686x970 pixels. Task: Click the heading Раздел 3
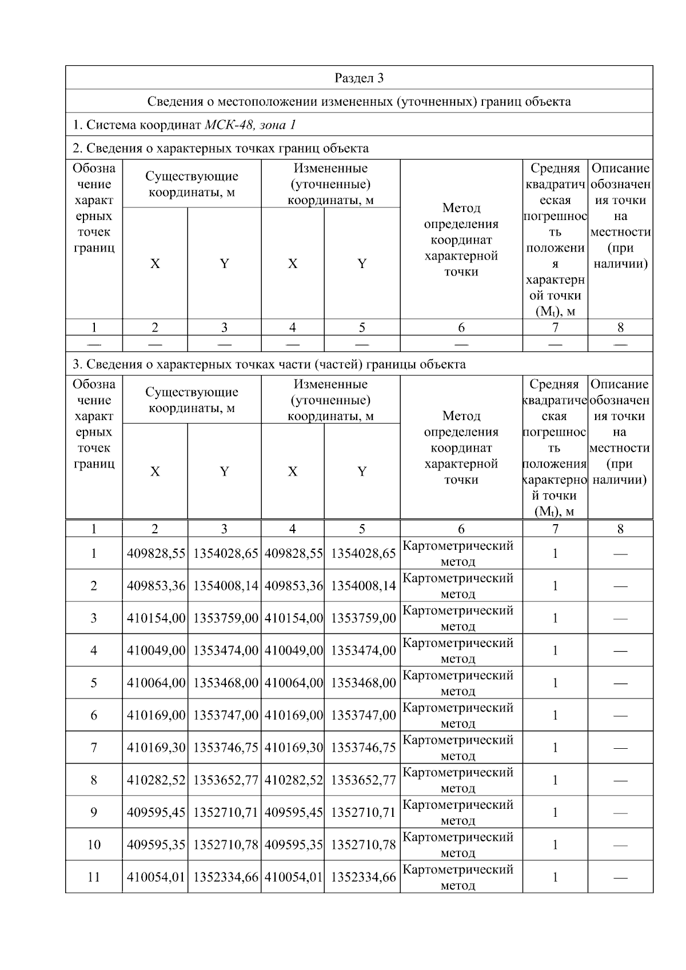point(358,78)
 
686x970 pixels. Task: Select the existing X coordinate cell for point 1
point(155,553)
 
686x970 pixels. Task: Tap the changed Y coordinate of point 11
point(363,877)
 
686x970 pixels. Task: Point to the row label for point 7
point(94,748)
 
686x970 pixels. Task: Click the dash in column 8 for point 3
point(620,618)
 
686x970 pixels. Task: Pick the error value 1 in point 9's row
point(555,812)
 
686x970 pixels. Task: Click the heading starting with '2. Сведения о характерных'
point(221,149)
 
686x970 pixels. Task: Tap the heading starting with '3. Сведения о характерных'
point(269,364)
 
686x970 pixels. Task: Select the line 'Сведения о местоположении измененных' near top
point(358,102)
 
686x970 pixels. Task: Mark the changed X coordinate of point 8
point(293,780)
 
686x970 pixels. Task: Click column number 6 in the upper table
point(461,328)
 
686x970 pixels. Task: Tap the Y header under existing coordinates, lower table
point(224,472)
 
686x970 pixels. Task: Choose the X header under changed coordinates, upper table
point(293,264)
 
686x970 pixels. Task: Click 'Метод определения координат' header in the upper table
point(461,239)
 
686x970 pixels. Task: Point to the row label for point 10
point(94,845)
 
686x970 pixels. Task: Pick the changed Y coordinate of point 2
point(363,586)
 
